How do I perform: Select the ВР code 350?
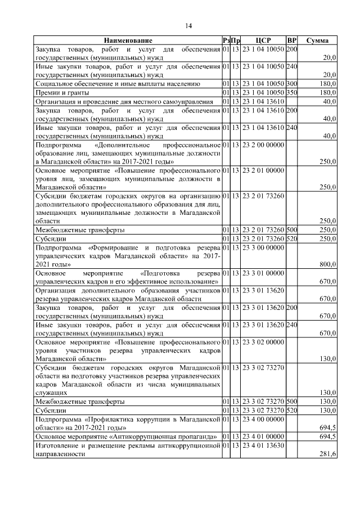(291, 92)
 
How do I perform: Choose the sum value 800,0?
(327, 264)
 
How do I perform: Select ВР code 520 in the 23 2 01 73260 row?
(291, 239)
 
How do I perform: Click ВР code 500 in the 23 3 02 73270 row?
(291, 402)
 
